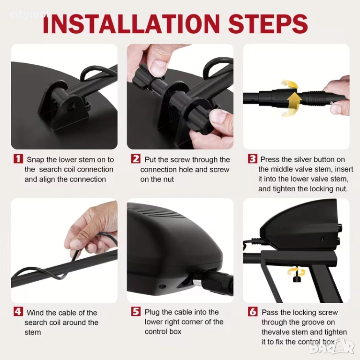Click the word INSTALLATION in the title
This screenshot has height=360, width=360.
pos(132,23)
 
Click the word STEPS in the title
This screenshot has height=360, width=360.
pos(268,23)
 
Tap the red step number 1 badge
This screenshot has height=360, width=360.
pos(18,158)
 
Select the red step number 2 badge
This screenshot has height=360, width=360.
pos(135,158)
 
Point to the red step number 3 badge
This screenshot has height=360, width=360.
pos(253,158)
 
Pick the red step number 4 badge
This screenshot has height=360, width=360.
pos(18,312)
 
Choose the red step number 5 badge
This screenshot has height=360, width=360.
pos(135,312)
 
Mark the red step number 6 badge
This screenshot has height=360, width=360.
pos(253,312)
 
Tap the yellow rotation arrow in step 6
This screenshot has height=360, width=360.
pos(296,271)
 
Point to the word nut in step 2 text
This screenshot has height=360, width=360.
pos(169,180)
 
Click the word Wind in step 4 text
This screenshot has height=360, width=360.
pos(35,313)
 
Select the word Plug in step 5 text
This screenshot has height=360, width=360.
pos(152,312)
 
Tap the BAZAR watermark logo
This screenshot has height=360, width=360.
pos(331,348)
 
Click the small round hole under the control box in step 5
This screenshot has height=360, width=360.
pos(163,286)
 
